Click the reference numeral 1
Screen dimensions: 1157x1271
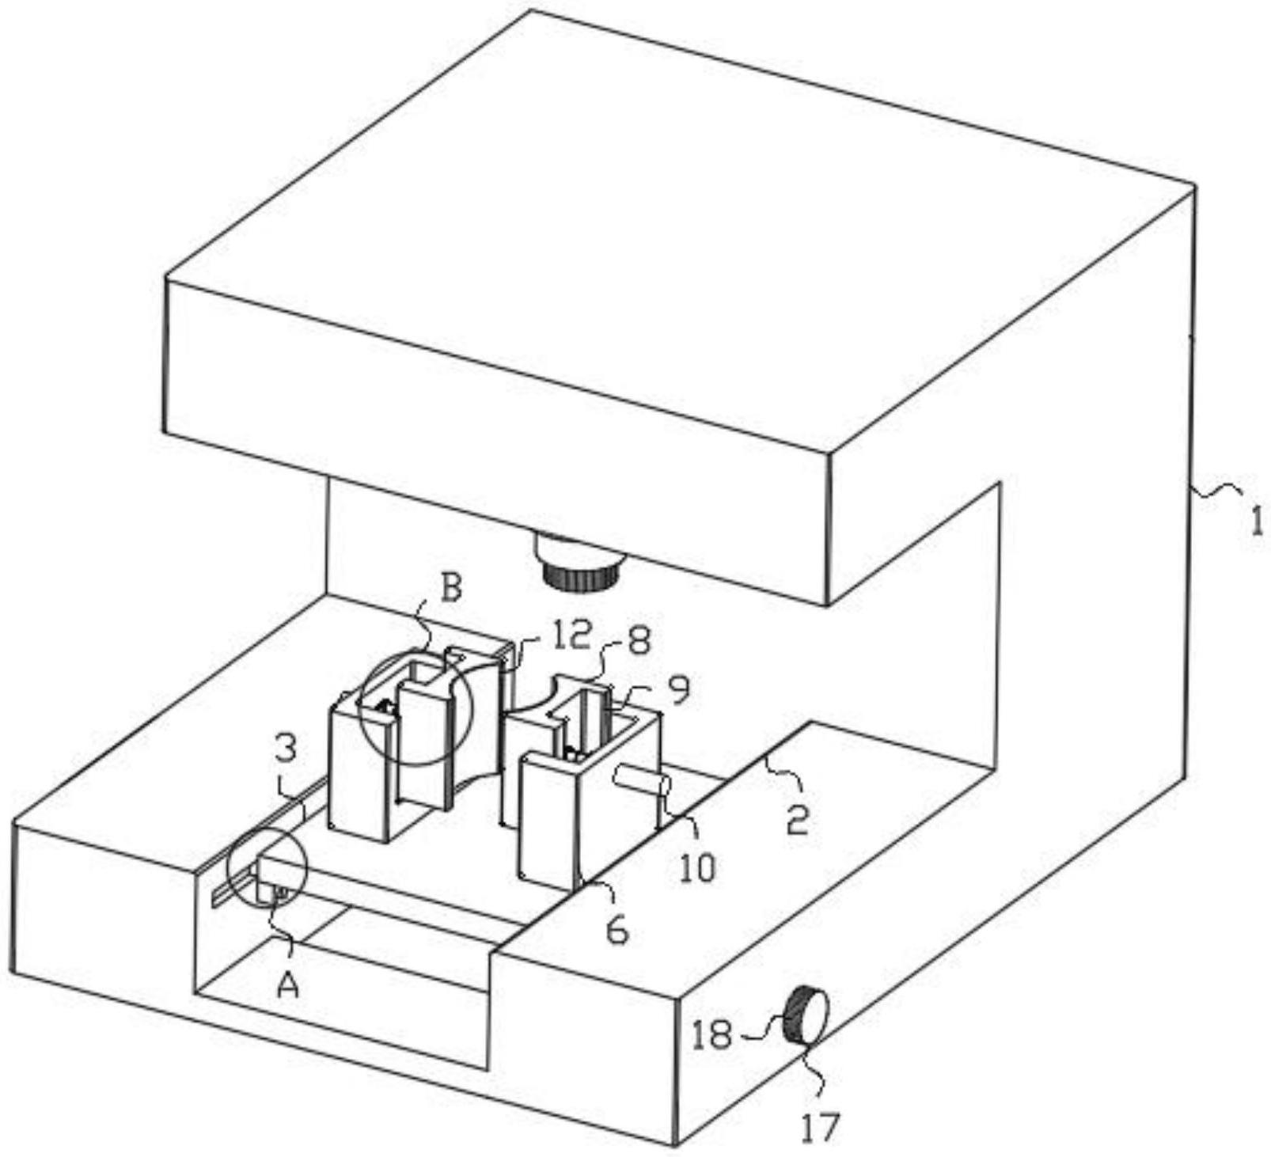pyautogui.click(x=1256, y=523)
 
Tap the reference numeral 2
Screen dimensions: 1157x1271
pyautogui.click(x=797, y=821)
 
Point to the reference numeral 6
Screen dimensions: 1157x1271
pyautogui.click(x=617, y=931)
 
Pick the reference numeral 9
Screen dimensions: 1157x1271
pyautogui.click(x=677, y=689)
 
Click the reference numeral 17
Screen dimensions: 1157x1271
pyautogui.click(x=818, y=1125)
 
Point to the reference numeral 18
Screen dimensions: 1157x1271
pyautogui.click(x=711, y=1034)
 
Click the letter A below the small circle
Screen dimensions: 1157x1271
pyautogui.click(x=289, y=984)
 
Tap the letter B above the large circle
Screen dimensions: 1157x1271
pyautogui.click(x=450, y=589)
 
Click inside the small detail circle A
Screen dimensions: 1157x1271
pyautogui.click(x=266, y=867)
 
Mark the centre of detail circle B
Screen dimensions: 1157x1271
pyautogui.click(x=415, y=706)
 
